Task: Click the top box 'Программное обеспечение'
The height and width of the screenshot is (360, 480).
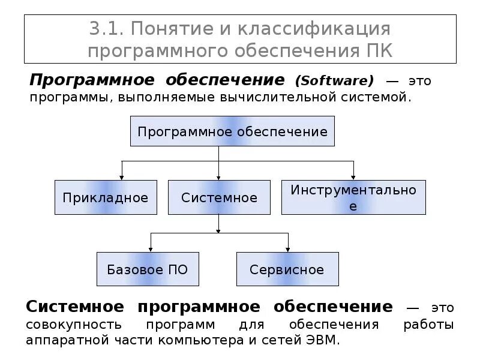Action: coord(232,132)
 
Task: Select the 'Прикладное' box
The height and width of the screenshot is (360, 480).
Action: coord(106,197)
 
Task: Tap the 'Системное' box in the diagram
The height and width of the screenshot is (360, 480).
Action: coord(219,197)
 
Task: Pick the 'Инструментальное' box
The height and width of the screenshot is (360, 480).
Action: coord(353,197)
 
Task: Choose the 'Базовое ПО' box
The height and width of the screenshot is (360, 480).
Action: coord(148,269)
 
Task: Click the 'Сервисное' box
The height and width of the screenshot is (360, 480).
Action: coord(287,269)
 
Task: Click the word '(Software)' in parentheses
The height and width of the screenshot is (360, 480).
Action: coord(334,80)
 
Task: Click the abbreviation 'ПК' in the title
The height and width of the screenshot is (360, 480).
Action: coord(379,50)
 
